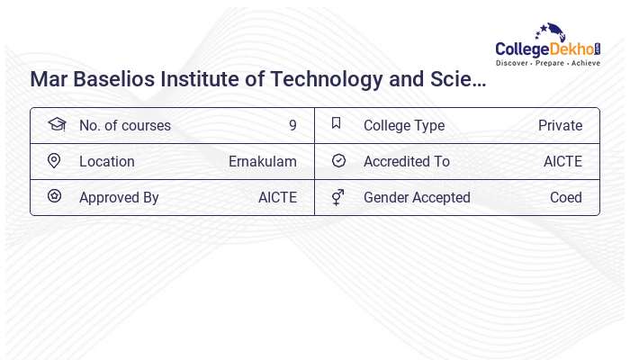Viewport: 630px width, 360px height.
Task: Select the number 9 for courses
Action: tap(292, 126)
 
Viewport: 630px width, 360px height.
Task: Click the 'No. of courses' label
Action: tap(124, 126)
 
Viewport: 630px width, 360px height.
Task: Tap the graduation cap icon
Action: tap(56, 124)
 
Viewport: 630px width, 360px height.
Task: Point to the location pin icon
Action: tap(54, 160)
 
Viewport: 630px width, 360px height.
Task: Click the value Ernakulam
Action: tap(262, 162)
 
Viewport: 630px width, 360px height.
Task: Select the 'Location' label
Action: tap(106, 162)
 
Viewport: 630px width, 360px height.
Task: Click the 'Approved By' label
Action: tap(119, 198)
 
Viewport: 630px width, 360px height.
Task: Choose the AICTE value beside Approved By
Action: tap(277, 198)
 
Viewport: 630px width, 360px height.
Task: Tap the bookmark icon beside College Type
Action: tap(337, 123)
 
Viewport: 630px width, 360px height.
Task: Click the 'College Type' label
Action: tap(403, 126)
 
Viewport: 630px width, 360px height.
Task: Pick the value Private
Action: tap(560, 126)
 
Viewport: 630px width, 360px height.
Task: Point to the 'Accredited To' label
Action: tap(406, 162)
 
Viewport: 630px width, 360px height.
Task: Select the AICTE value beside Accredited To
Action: tap(562, 162)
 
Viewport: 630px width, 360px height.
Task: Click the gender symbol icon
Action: tap(337, 196)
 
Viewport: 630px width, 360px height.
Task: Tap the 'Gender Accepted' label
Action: tap(417, 198)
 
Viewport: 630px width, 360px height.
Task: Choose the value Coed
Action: tap(565, 198)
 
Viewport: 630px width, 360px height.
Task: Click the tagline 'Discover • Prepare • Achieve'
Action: tap(548, 63)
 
